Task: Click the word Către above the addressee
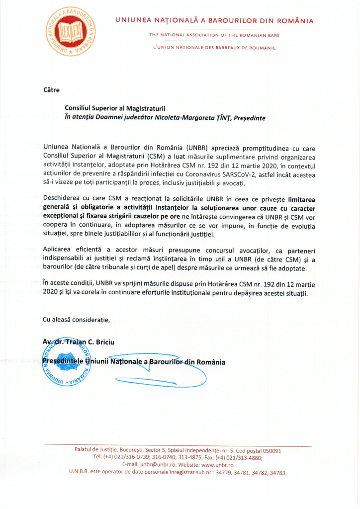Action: pyautogui.click(x=51, y=90)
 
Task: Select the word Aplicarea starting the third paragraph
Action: pyautogui.click(x=59, y=252)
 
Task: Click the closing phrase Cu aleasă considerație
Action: pyautogui.click(x=77, y=319)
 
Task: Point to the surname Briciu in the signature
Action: pyautogui.click(x=105, y=341)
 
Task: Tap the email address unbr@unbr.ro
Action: pyautogui.click(x=158, y=464)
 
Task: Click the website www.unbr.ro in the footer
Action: pyautogui.click(x=217, y=464)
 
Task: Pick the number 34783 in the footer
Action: pyautogui.click(x=277, y=472)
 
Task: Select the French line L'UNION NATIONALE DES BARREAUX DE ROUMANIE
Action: pyautogui.click(x=214, y=48)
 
